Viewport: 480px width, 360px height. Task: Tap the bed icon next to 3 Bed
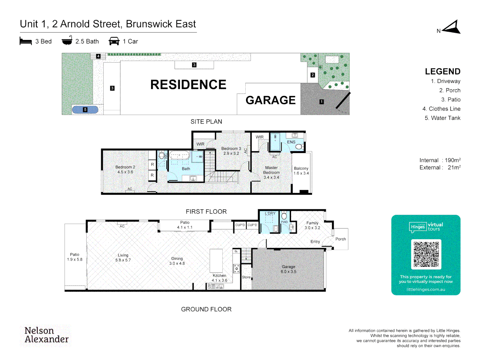(x=26, y=41)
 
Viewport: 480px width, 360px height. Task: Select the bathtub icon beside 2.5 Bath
(x=67, y=41)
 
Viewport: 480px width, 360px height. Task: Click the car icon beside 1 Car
(x=114, y=41)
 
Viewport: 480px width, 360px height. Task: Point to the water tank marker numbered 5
(x=85, y=110)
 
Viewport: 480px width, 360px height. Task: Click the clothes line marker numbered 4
(x=98, y=56)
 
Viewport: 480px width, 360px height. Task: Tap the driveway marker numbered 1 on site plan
(x=322, y=102)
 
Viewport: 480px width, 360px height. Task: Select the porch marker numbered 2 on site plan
(x=313, y=75)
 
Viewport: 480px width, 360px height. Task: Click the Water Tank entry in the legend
(x=442, y=118)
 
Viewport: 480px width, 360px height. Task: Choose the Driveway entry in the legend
(x=445, y=81)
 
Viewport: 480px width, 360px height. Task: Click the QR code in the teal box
(x=426, y=254)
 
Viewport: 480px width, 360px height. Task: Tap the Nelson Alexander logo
(x=46, y=335)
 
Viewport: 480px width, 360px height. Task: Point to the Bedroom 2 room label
(x=125, y=169)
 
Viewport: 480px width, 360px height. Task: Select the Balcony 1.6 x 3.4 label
(x=301, y=171)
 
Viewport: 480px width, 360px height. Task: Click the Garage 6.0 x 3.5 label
(x=288, y=269)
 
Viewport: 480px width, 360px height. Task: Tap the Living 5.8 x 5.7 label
(x=123, y=258)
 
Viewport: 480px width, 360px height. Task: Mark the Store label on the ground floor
(x=246, y=277)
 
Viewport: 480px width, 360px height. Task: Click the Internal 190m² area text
(x=440, y=160)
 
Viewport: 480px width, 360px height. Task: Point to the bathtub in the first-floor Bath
(x=179, y=155)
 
